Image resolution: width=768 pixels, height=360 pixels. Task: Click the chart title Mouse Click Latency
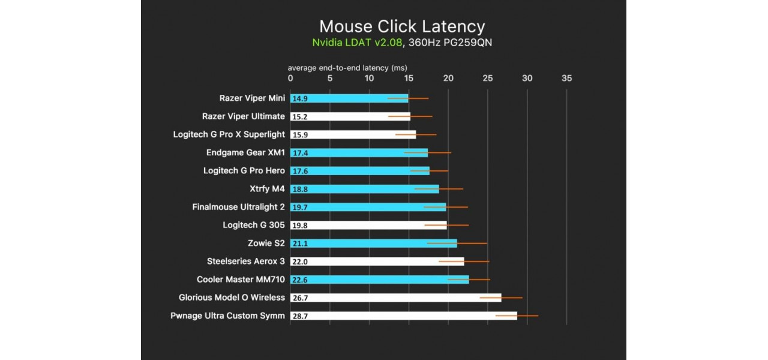[x=401, y=26]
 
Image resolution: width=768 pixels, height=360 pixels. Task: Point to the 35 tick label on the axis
[x=566, y=78]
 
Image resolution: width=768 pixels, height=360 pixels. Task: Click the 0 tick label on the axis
[x=290, y=78]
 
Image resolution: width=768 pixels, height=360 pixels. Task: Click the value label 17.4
[x=299, y=153]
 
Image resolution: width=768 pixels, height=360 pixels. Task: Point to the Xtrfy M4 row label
[x=267, y=189]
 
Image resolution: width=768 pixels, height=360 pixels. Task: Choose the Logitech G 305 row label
[x=254, y=226]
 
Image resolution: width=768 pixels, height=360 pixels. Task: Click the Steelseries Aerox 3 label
[x=246, y=262]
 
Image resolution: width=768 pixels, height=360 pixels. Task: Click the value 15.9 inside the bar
[x=299, y=135]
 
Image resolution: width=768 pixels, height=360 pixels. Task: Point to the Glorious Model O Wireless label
[x=232, y=298]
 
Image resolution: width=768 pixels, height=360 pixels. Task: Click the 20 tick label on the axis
[x=448, y=78]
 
